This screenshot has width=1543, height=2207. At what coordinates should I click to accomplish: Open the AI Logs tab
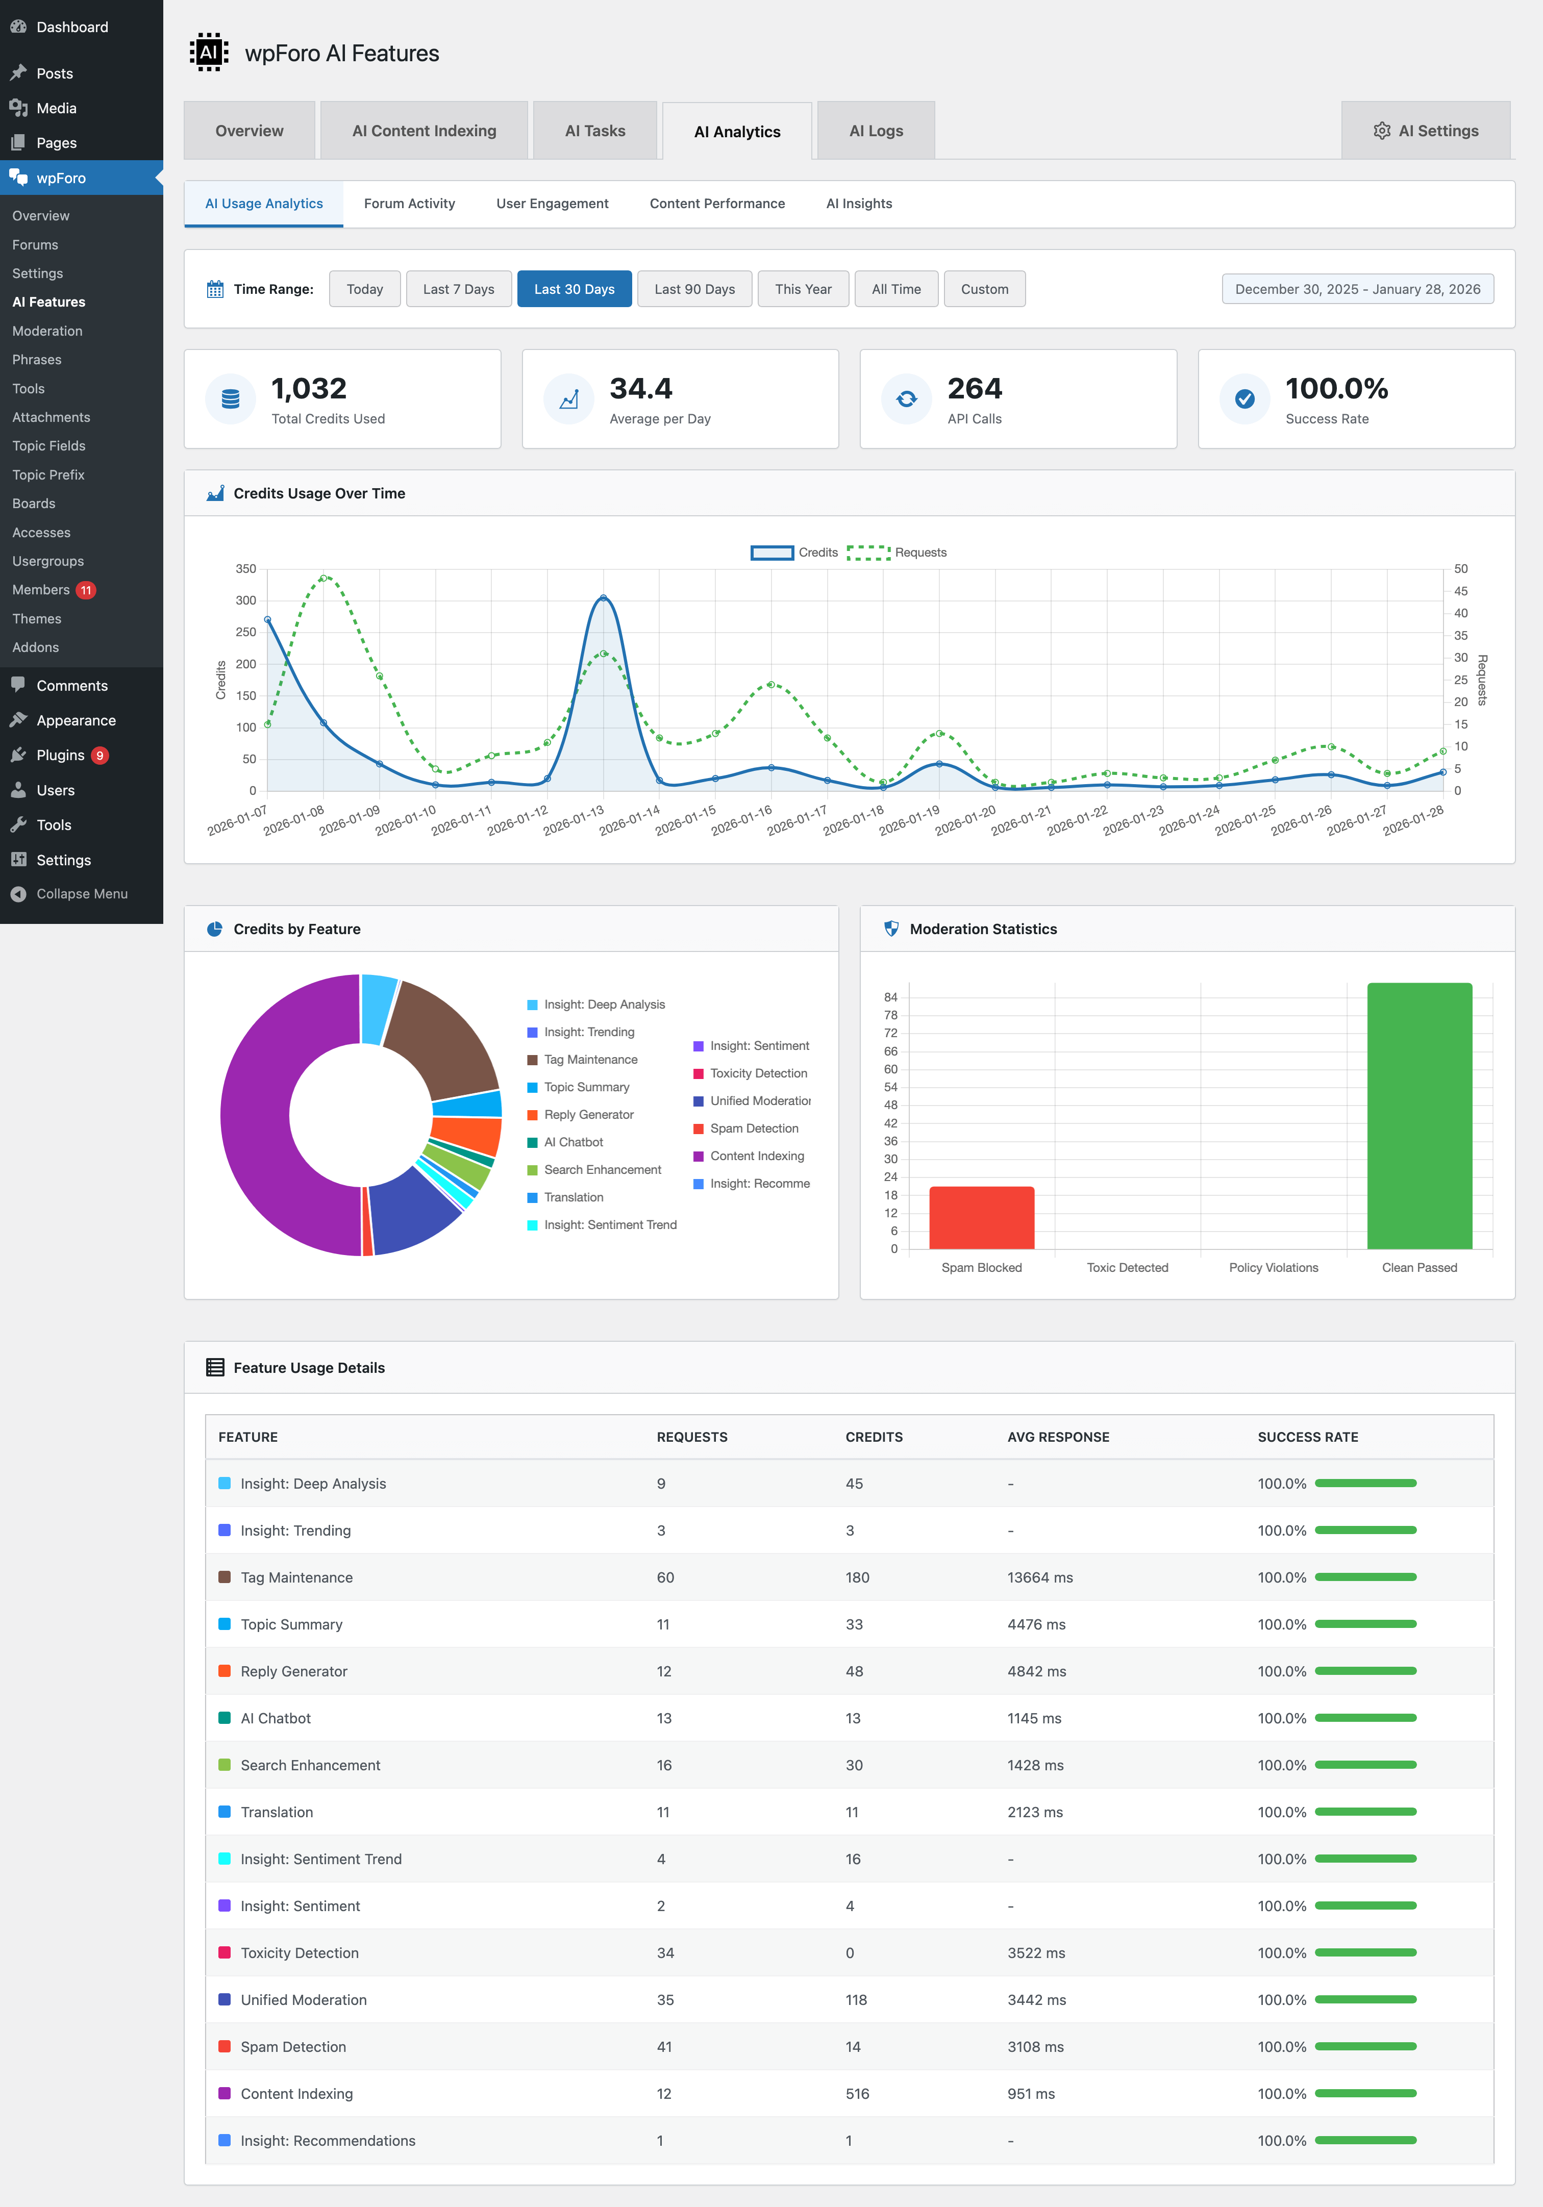click(x=875, y=131)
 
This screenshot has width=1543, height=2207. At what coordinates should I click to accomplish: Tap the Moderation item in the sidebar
click(x=47, y=331)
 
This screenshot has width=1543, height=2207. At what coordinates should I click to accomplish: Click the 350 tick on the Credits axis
click(x=246, y=569)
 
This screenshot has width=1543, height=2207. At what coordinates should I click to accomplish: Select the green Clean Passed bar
click(x=1419, y=1115)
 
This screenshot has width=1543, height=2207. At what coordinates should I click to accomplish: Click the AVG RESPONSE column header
click(x=1058, y=1437)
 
